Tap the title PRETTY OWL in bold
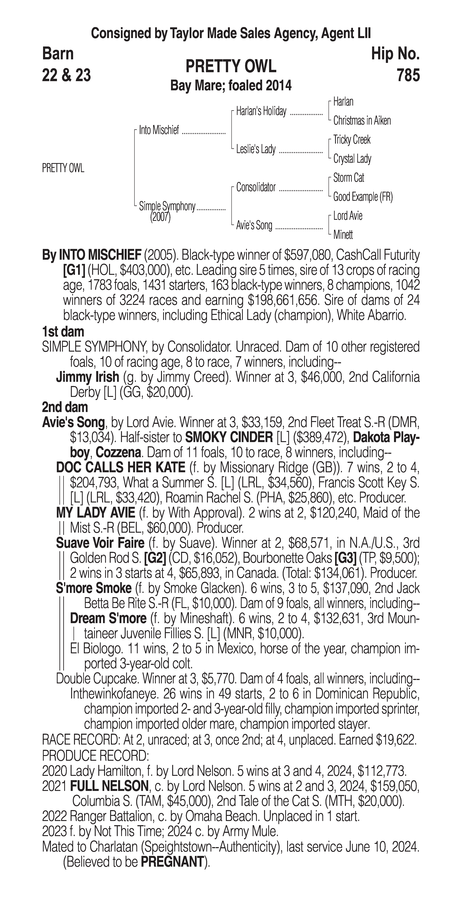[x=231, y=66]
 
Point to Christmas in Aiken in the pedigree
[x=362, y=121]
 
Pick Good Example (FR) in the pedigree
[x=363, y=197]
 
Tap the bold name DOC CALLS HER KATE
[x=121, y=467]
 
